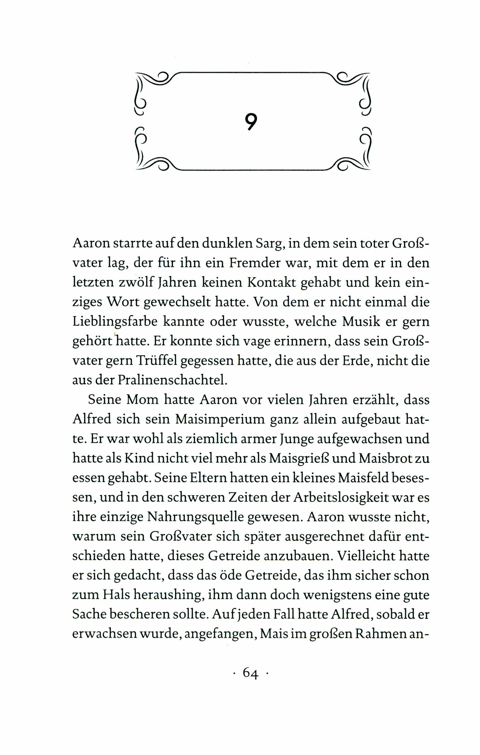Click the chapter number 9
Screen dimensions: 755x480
click(x=250, y=122)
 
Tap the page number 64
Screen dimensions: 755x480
click(x=250, y=672)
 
